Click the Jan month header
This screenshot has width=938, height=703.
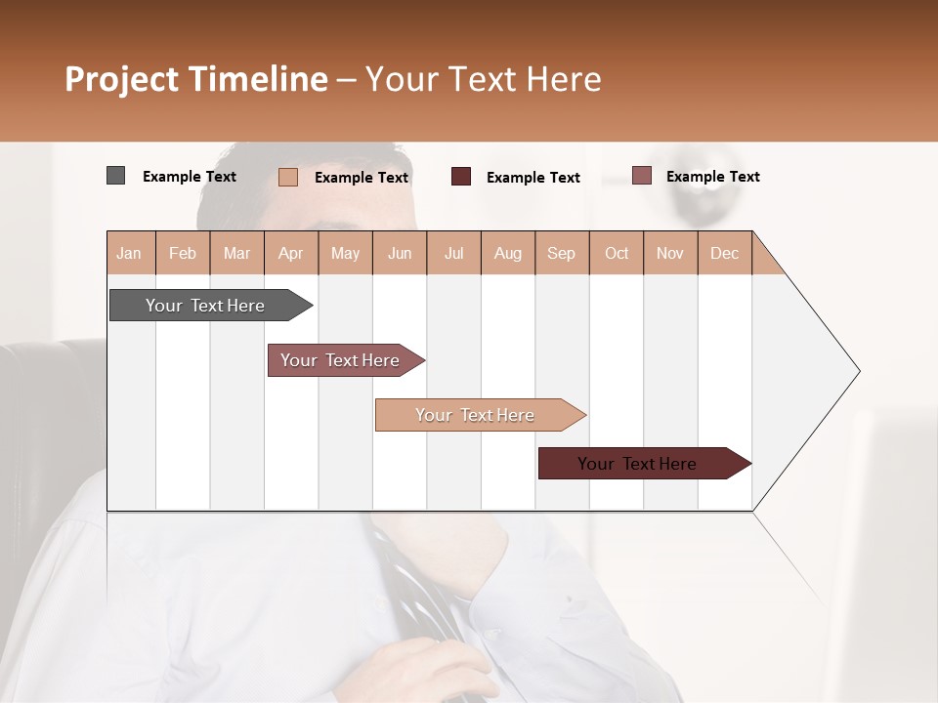(130, 253)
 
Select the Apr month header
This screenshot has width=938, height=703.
(291, 253)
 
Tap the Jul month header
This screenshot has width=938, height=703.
(453, 253)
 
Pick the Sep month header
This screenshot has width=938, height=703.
(561, 253)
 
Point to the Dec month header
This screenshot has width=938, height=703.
(724, 253)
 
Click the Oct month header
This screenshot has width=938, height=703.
(617, 253)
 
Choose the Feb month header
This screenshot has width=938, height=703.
(183, 253)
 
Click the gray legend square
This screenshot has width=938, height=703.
(115, 176)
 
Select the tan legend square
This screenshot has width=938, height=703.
(287, 177)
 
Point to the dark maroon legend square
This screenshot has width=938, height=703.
(460, 177)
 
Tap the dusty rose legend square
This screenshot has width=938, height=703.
(641, 176)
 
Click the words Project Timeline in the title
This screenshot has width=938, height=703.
(195, 79)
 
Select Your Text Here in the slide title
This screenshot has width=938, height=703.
(483, 79)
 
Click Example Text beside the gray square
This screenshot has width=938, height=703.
(190, 177)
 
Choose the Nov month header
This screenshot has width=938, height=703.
(670, 253)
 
